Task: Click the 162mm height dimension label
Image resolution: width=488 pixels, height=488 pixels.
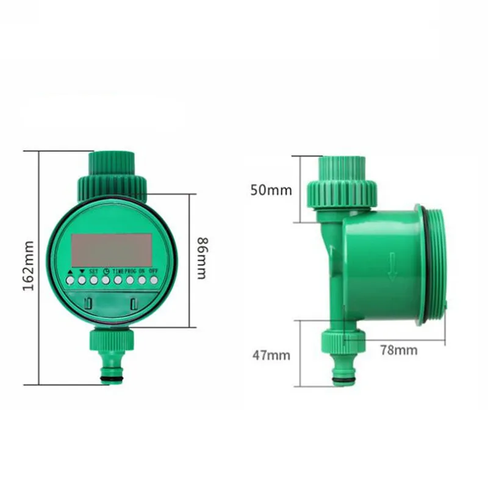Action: pos(28,266)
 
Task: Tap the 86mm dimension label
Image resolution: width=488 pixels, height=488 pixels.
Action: pos(203,258)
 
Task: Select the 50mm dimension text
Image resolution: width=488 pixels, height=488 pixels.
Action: pos(271,190)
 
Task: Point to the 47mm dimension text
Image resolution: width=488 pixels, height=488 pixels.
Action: pos(271,355)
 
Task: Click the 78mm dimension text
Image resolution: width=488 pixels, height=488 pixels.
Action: pos(399,350)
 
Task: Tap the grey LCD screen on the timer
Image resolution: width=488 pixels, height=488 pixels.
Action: pos(112,248)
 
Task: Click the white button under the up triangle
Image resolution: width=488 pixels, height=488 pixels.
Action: pos(70,281)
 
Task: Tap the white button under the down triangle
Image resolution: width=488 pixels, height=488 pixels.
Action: pos(82,281)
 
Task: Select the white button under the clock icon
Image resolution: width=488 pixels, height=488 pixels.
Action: pos(106,281)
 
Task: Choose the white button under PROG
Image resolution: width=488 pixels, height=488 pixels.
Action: pos(130,281)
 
